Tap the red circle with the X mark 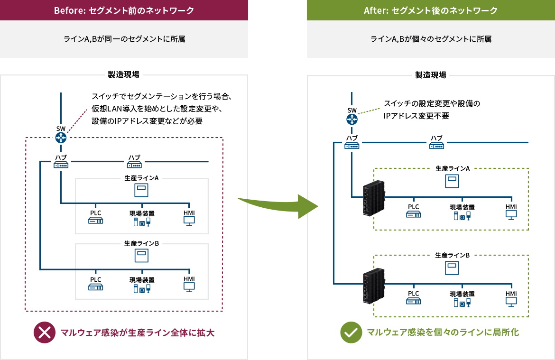pyautogui.click(x=45, y=332)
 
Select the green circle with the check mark pyautogui.click(x=351, y=332)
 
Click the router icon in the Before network pyautogui.click(x=61, y=138)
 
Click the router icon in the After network pyautogui.click(x=351, y=119)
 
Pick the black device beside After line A pyautogui.click(x=372, y=198)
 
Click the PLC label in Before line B pyautogui.click(x=95, y=279)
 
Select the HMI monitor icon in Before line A pyautogui.click(x=189, y=221)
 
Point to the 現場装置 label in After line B pyautogui.click(x=462, y=294)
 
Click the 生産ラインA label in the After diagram pyautogui.click(x=453, y=168)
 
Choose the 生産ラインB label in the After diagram pyautogui.click(x=453, y=255)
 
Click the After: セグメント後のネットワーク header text pyautogui.click(x=431, y=10)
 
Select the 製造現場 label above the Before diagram pyautogui.click(x=124, y=74)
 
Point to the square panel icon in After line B pyautogui.click(x=452, y=268)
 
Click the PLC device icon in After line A pyautogui.click(x=414, y=215)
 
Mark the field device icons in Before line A pyautogui.click(x=142, y=222)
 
